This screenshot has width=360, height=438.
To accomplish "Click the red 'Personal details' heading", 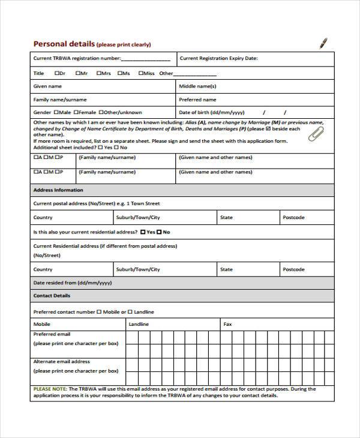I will tap(63, 44).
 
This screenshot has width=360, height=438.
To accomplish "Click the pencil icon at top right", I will tap(323, 43).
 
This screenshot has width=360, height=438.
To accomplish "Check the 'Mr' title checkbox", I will tap(78, 73).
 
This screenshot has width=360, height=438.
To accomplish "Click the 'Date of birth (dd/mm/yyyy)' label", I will tap(212, 112).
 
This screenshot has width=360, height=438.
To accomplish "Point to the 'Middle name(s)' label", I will tap(197, 86).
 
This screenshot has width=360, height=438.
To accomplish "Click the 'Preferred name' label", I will tap(198, 100).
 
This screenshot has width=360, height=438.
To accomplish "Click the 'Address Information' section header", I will tap(58, 190).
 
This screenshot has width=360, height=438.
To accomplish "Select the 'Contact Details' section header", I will tap(52, 296).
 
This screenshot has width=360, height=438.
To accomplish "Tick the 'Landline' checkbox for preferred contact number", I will tap(130, 312).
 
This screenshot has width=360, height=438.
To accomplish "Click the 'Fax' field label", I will tap(227, 324).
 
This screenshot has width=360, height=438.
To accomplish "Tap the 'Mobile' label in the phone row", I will tap(42, 324).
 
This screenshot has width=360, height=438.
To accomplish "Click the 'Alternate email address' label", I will tap(61, 362).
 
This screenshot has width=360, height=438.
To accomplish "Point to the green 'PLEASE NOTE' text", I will tap(50, 389).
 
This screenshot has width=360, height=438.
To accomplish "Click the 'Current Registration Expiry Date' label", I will tap(218, 58).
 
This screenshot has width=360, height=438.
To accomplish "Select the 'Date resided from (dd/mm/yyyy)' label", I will tap(72, 283).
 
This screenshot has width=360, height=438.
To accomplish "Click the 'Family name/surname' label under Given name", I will tap(60, 100).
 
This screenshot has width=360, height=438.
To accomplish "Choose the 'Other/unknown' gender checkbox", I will tap(101, 112).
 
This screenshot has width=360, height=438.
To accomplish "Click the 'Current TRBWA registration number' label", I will tap(77, 58).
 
